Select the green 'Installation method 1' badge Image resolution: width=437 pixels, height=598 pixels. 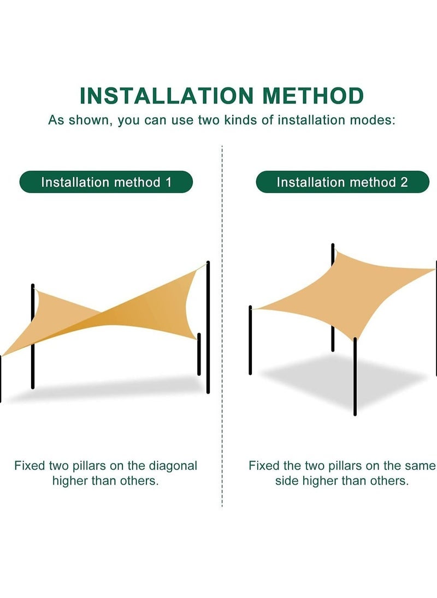tap(106, 182)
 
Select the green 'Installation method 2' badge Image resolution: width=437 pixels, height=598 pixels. tap(342, 182)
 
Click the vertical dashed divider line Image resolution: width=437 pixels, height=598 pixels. tap(222, 327)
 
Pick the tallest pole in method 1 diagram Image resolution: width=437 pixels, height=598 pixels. tap(208, 327)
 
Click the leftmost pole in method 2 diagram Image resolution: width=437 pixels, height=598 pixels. tap(250, 341)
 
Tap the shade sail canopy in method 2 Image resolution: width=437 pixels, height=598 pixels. tap(350, 295)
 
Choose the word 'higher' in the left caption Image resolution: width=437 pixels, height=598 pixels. tap(73, 481)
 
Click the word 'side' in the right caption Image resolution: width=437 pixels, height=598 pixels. tap(286, 481)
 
